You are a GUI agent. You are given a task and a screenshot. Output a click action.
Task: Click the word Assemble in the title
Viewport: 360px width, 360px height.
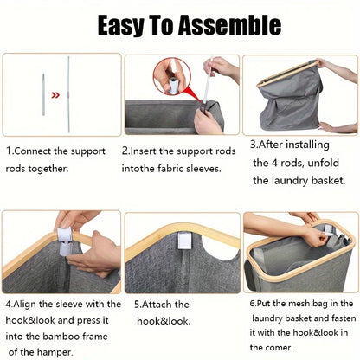click(x=229, y=25)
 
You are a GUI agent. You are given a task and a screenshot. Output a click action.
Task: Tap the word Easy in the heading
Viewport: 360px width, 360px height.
click(x=120, y=25)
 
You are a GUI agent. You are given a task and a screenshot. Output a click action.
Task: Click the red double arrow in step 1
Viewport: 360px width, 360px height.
click(x=55, y=95)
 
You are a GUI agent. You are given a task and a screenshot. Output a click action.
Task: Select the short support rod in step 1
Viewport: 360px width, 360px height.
click(x=43, y=94)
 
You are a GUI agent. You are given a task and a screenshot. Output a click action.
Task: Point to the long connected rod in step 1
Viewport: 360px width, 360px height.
click(x=68, y=94)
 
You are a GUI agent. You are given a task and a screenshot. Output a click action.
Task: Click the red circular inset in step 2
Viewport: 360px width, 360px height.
click(x=172, y=76)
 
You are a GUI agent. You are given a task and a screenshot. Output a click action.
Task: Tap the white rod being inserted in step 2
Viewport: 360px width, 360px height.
click(x=208, y=80)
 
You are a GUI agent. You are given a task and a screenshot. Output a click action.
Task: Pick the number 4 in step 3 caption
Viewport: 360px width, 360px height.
click(x=274, y=163)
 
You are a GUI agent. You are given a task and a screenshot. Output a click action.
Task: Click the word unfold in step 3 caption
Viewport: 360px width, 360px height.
click(x=323, y=163)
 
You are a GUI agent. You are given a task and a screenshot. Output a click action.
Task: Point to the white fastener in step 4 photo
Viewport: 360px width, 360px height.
click(x=66, y=241)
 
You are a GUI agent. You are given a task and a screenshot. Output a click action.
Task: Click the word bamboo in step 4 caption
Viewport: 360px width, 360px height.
click(x=61, y=337)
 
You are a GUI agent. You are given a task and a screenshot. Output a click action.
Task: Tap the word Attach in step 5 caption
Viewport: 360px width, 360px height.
click(x=154, y=305)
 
